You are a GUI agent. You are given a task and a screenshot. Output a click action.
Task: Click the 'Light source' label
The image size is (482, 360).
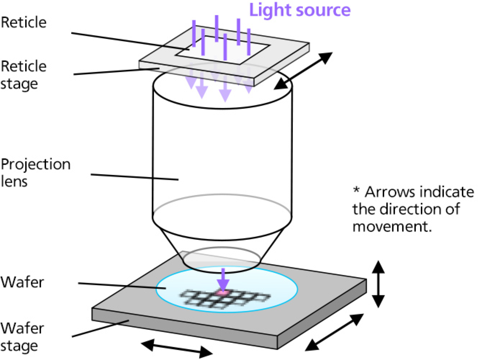point(300,10)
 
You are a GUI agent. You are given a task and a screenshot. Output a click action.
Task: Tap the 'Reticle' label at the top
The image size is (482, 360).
point(24,22)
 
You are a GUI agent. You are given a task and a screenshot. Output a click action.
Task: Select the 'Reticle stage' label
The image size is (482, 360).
point(24,75)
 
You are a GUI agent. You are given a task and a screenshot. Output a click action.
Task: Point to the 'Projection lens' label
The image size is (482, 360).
point(35,172)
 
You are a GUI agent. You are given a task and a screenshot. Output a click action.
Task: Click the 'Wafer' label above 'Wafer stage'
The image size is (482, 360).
point(22,282)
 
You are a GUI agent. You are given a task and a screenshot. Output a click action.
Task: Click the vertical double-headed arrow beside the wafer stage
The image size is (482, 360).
point(378,284)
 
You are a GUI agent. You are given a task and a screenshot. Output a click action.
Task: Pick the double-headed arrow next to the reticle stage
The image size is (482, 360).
point(303,71)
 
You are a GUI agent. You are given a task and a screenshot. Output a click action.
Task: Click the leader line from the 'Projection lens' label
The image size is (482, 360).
point(135,177)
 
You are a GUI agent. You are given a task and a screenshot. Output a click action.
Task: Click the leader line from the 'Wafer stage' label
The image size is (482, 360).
point(101,328)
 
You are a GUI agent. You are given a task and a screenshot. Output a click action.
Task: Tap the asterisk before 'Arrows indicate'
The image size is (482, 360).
point(356,190)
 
